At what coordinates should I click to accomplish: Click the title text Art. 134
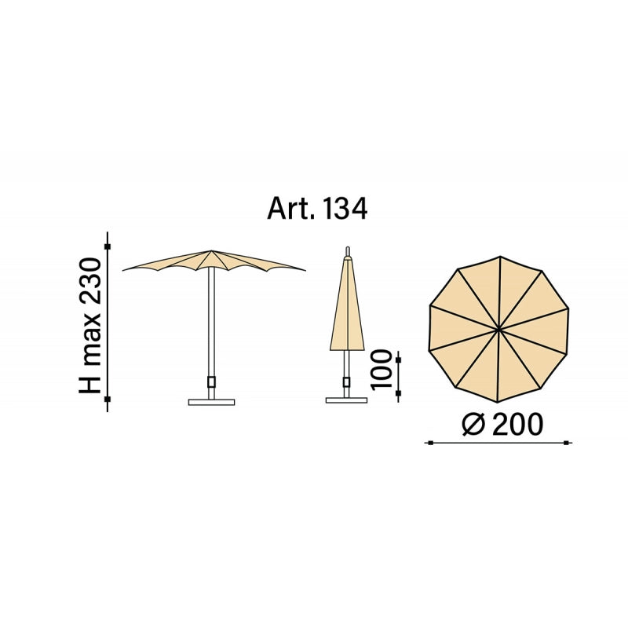pyautogui.click(x=317, y=209)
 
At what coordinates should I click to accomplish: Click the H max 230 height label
pyautogui.click(x=89, y=326)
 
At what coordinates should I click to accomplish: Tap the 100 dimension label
pyautogui.click(x=381, y=369)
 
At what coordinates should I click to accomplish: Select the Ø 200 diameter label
pyautogui.click(x=502, y=424)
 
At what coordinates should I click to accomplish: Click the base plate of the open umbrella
pyautogui.click(x=211, y=402)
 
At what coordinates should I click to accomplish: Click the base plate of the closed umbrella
pyautogui.click(x=346, y=400)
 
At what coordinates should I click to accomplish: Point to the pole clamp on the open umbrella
pyautogui.click(x=211, y=382)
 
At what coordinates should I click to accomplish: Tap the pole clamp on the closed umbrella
pyautogui.click(x=346, y=382)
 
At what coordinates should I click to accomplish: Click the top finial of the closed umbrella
pyautogui.click(x=348, y=251)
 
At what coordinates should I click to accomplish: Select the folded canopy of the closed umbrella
pyautogui.click(x=347, y=305)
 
